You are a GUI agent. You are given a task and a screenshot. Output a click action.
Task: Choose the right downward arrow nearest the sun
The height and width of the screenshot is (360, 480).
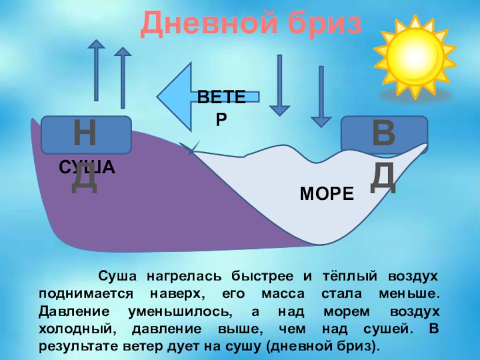tap(321, 96)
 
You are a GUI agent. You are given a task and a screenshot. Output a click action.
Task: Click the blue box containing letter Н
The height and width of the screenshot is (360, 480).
tap(86, 134)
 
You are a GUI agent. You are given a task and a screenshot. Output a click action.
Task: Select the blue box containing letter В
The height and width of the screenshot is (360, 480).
tap(384, 134)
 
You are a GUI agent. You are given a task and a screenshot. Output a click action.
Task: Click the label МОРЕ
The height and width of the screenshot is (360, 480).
tap(327, 194)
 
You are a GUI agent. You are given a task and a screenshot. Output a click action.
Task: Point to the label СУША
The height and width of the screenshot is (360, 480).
tap(86, 168)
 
